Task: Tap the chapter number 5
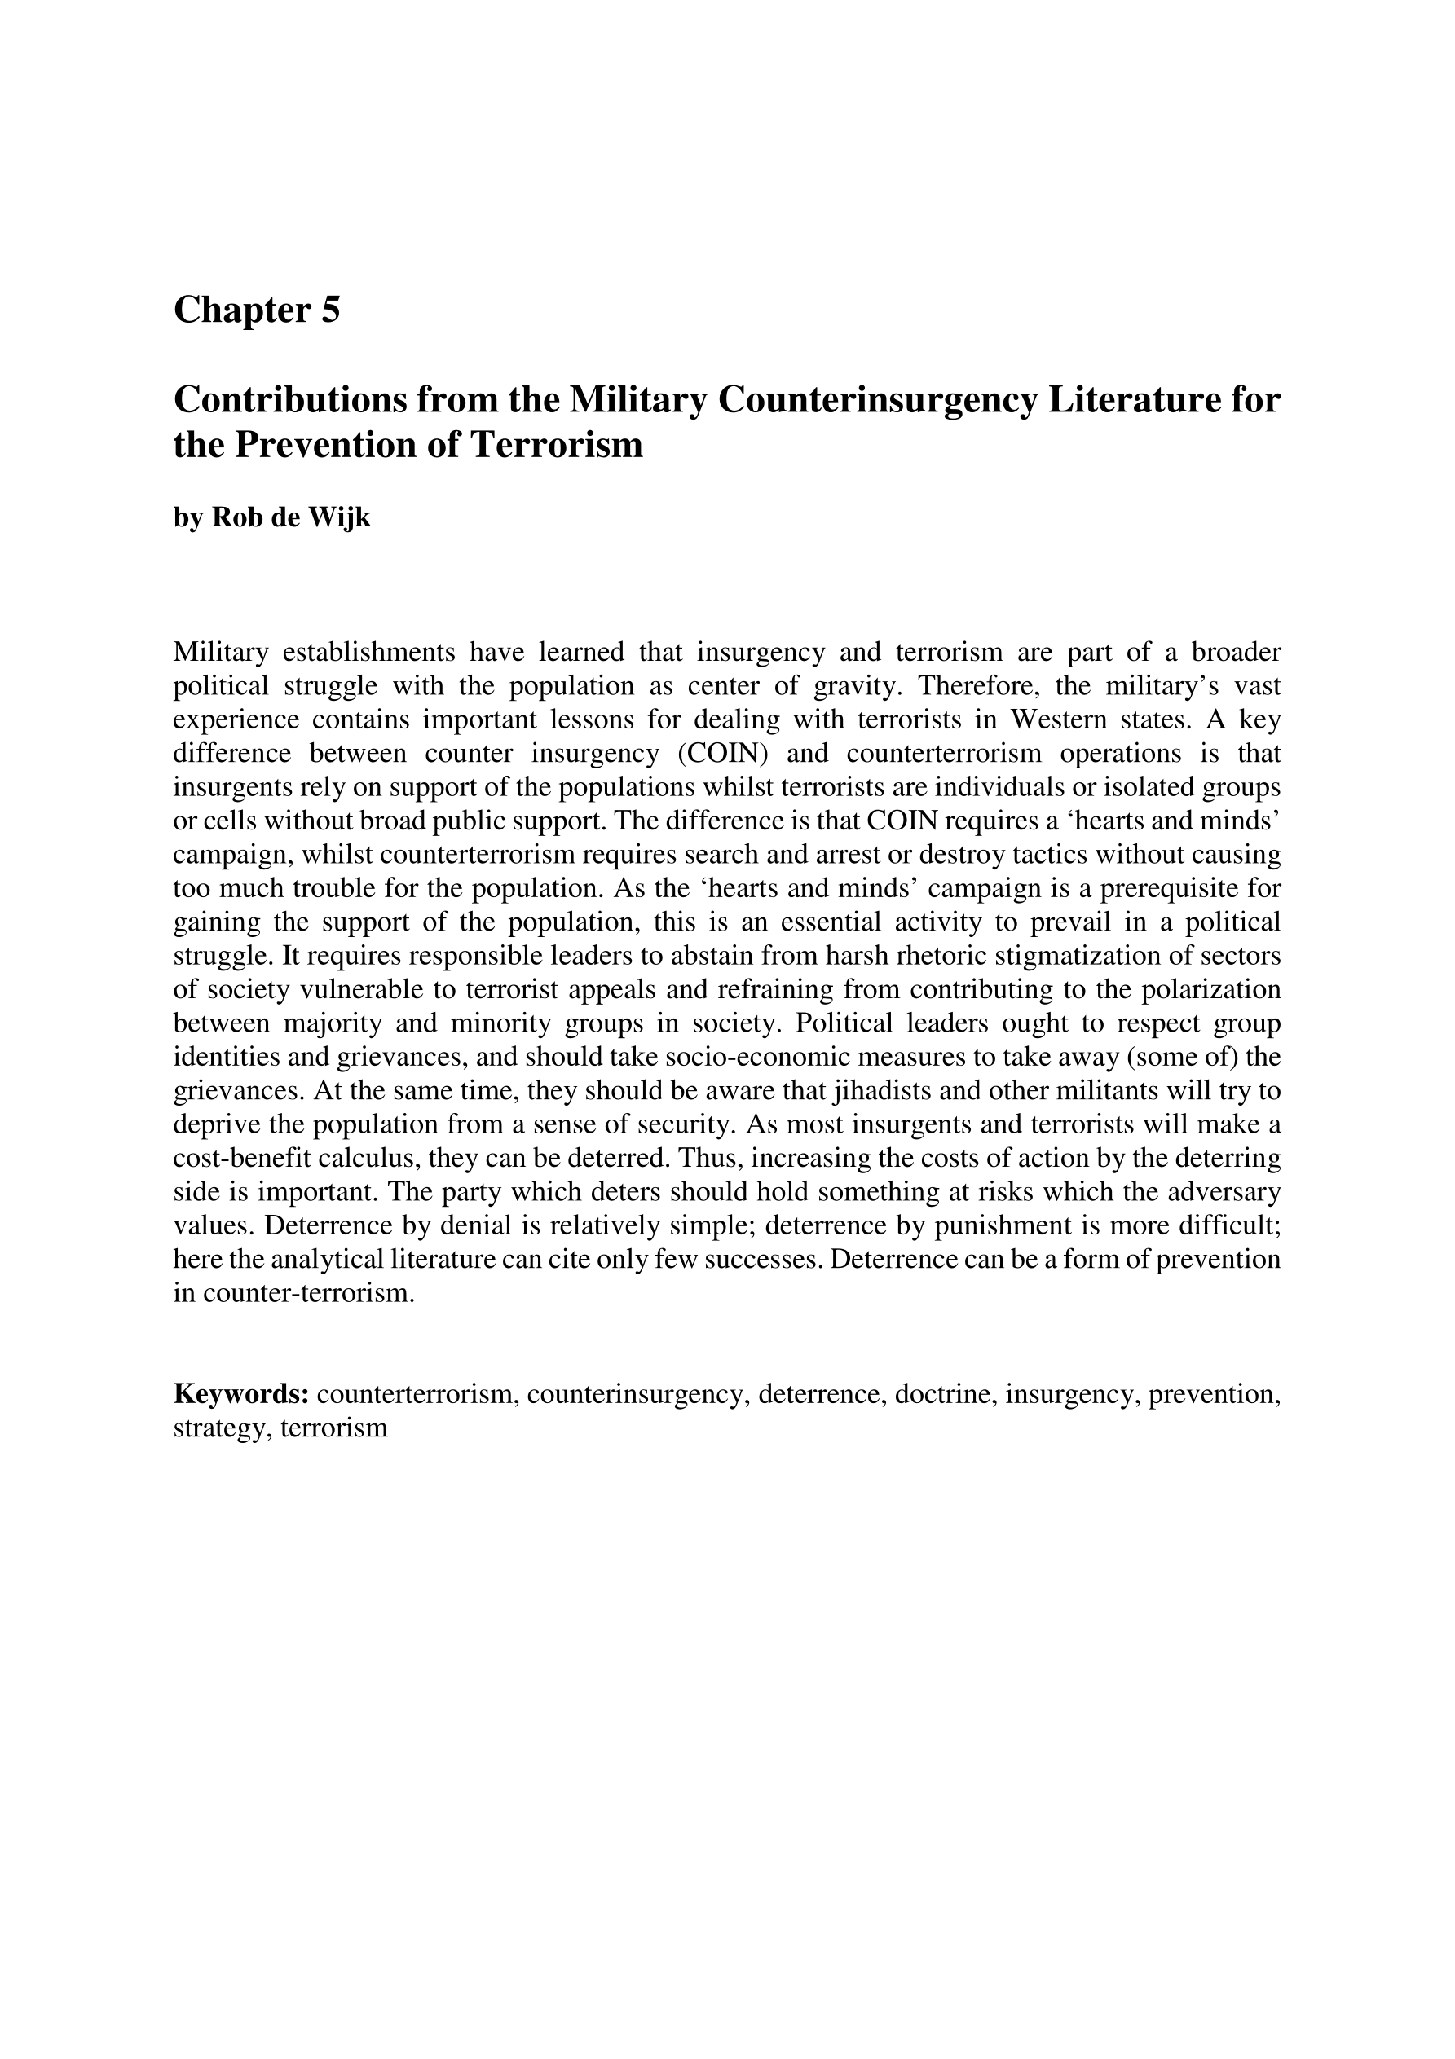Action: tap(330, 311)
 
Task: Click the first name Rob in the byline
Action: tap(231, 518)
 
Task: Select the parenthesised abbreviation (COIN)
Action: tap(721, 754)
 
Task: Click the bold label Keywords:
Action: tap(241, 1394)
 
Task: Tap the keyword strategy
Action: tap(222, 1428)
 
